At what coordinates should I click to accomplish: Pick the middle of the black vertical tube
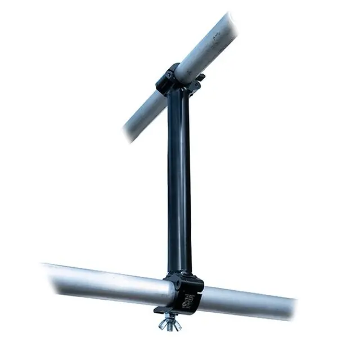[179, 180]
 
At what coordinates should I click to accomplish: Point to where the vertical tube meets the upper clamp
[178, 93]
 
